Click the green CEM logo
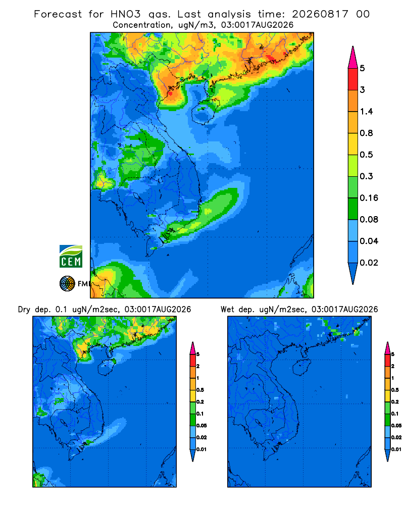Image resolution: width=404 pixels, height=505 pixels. click(71, 256)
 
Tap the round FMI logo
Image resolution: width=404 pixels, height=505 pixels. click(67, 283)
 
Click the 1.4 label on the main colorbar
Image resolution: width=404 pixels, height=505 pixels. click(366, 112)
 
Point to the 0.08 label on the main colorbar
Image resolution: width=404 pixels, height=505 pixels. click(369, 219)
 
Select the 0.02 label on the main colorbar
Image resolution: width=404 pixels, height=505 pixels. click(369, 263)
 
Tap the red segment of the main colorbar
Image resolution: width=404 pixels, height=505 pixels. click(353, 79)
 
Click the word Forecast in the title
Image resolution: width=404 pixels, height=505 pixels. click(58, 14)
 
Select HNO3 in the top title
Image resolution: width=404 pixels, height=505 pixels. click(126, 14)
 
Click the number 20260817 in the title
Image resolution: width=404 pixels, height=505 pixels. click(320, 14)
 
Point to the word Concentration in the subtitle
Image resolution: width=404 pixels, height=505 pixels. click(142, 25)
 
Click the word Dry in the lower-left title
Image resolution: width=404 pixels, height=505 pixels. click(24, 310)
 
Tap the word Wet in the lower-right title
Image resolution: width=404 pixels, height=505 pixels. click(227, 310)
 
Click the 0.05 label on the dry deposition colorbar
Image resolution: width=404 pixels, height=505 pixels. click(201, 425)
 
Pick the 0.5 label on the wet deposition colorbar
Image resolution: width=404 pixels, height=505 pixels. click(395, 390)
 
